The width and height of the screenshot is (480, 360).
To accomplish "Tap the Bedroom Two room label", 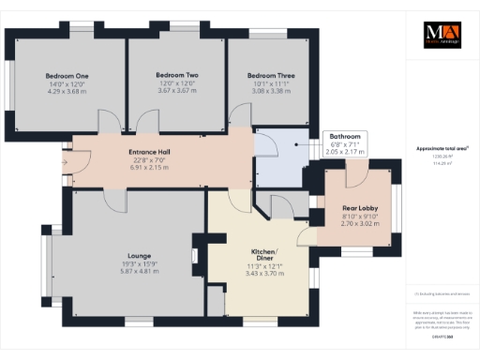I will (x=173, y=74).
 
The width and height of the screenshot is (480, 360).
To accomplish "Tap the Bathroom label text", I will (x=342, y=136).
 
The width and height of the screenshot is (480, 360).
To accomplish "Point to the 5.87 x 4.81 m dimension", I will (x=140, y=271).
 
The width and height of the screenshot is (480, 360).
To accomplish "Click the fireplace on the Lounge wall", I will (x=195, y=255).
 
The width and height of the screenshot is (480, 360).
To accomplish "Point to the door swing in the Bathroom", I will (x=266, y=145).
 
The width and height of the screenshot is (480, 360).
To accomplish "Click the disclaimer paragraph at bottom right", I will (x=439, y=317).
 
